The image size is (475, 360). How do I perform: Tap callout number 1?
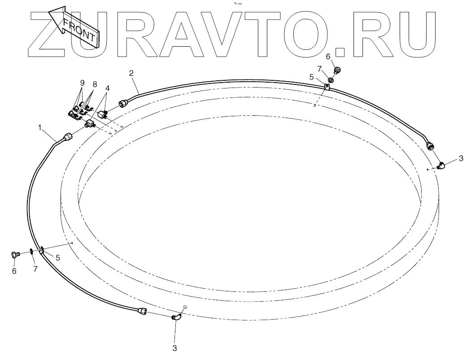[x=40, y=128]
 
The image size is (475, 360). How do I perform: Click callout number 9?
[x=82, y=83]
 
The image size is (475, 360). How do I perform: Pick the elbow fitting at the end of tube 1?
[x=176, y=318]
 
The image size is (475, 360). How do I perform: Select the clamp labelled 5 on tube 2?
[x=327, y=86]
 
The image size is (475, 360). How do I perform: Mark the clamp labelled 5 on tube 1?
[x=41, y=251]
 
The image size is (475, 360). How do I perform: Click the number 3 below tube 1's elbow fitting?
[x=175, y=348]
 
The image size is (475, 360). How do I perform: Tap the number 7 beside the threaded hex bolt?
[x=35, y=268]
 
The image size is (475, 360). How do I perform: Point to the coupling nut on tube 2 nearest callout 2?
[x=123, y=103]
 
